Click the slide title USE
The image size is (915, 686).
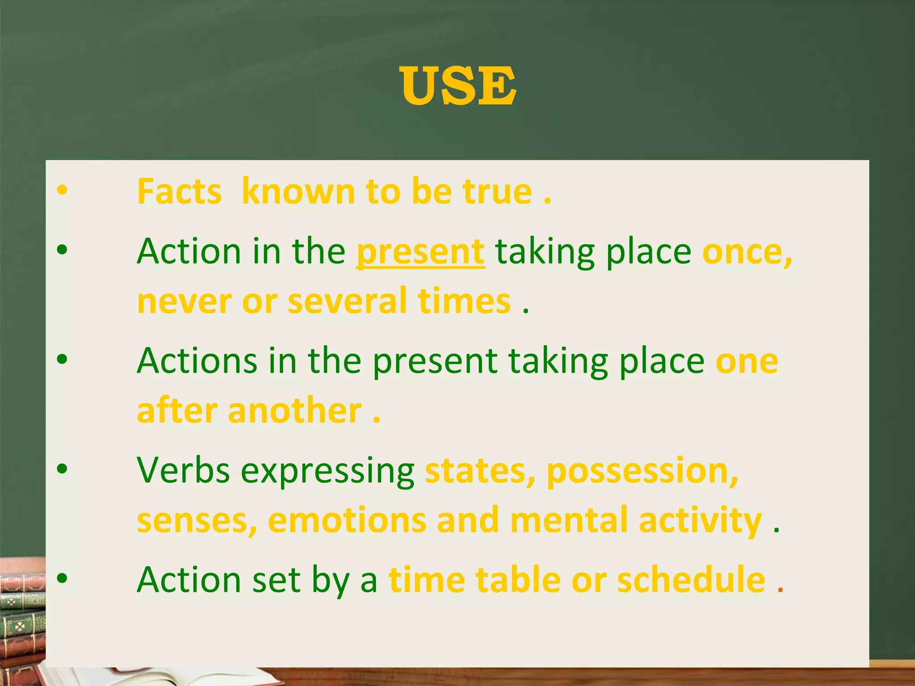(458, 86)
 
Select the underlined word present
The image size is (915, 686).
(420, 251)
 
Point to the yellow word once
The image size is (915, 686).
(747, 251)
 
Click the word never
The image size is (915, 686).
(185, 301)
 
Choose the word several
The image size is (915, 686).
(347, 301)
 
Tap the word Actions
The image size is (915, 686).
(197, 360)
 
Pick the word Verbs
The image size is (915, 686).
(183, 470)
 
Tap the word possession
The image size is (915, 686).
(642, 471)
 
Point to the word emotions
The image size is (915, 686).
(347, 520)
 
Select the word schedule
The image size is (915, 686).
(691, 579)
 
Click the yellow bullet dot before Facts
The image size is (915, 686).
(62, 190)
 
